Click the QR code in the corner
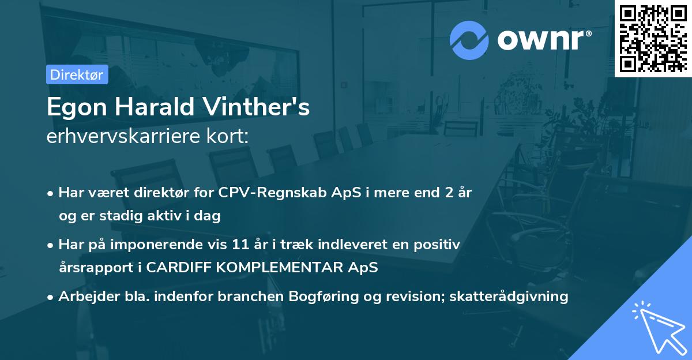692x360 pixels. point(653,38)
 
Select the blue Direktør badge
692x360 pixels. point(77,74)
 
